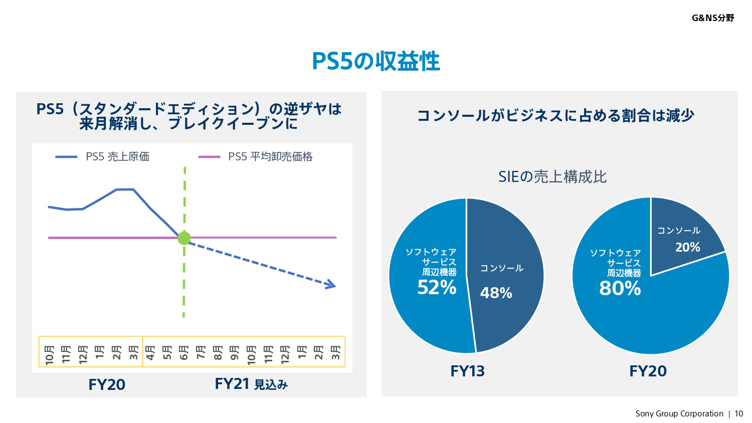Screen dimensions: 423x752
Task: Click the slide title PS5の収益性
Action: click(x=375, y=61)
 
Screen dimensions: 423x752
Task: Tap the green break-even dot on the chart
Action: click(x=184, y=238)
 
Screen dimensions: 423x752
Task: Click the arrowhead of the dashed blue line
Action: click(x=331, y=286)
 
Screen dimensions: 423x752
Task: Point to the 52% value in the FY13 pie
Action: click(x=437, y=288)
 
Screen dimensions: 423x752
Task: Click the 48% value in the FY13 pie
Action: click(x=496, y=293)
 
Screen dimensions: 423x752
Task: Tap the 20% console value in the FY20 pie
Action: click(x=687, y=247)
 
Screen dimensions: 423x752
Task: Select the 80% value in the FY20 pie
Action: click(x=620, y=289)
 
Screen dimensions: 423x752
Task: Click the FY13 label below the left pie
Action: click(x=467, y=371)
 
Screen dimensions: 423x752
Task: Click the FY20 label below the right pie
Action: click(x=648, y=371)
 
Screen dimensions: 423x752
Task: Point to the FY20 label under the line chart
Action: click(x=107, y=384)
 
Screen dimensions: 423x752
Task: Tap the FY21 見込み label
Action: click(x=251, y=384)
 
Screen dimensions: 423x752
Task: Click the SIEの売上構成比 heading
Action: click(x=552, y=176)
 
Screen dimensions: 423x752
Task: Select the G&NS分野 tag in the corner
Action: click(x=713, y=18)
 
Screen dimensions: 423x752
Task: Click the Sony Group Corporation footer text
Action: click(x=679, y=413)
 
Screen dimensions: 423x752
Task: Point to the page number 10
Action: click(x=739, y=413)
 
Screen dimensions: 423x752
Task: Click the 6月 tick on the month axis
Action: click(x=184, y=352)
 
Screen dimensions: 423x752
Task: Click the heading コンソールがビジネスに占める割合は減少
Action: click(x=555, y=115)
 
